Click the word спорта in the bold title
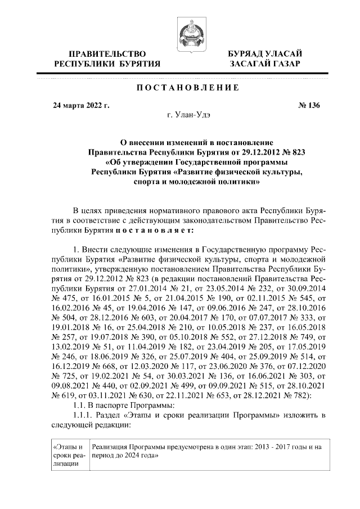147,182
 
